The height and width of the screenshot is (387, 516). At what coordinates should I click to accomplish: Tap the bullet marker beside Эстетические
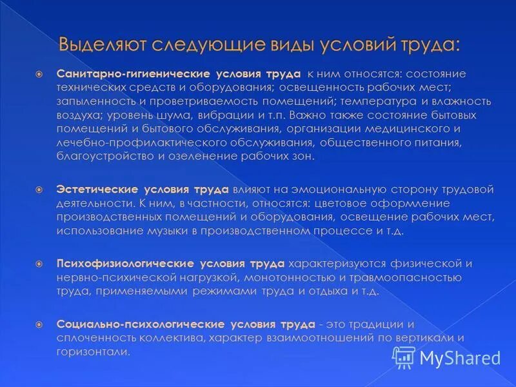pos(39,190)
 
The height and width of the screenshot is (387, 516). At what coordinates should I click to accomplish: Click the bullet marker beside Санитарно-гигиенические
pos(39,74)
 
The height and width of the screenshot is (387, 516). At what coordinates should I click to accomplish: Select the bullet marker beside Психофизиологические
pos(39,264)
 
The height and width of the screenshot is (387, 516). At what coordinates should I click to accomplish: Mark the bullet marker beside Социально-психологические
pos(39,324)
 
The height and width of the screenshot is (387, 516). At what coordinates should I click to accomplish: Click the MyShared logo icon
pos(404,357)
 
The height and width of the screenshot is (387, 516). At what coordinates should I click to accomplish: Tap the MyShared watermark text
pos(460,357)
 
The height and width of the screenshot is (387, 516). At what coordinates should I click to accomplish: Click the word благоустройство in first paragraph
pos(98,157)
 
